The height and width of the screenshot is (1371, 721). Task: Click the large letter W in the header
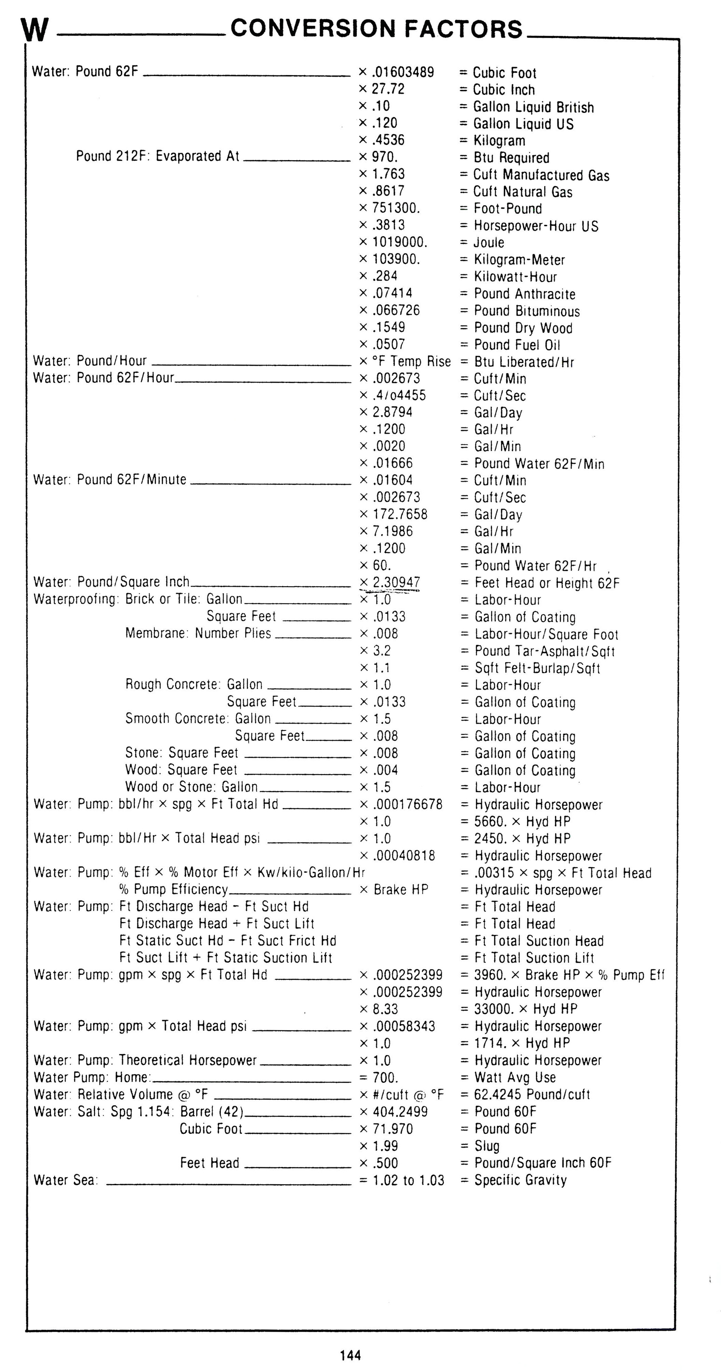point(35,31)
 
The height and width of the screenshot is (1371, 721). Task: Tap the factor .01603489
point(403,72)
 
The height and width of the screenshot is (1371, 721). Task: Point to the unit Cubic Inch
point(504,90)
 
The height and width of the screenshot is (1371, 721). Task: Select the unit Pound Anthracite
point(524,294)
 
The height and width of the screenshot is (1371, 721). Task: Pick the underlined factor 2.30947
point(396,582)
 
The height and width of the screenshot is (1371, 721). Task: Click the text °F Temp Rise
point(411,362)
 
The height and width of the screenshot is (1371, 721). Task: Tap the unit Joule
point(489,243)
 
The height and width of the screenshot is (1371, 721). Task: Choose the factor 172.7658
point(400,514)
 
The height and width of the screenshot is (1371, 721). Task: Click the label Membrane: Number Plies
point(198,633)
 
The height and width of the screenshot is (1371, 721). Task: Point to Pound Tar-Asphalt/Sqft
point(545,651)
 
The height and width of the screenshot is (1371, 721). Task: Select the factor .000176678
point(408,804)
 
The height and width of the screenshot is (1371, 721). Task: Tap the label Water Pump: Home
point(92,1077)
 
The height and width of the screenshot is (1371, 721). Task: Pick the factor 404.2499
point(400,1111)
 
